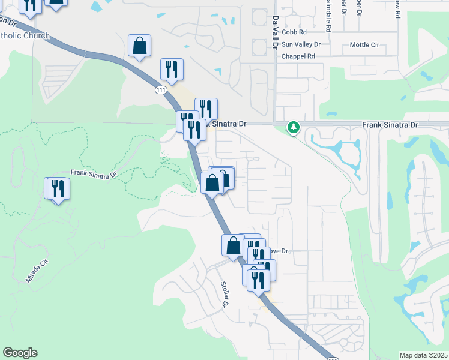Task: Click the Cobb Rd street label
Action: tap(294, 32)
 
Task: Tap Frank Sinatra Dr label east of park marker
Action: tap(390, 124)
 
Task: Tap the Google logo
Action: tap(20, 353)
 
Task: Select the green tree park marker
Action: tap(293, 127)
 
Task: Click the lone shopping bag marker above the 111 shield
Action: tap(139, 46)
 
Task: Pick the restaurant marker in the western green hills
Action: tap(58, 188)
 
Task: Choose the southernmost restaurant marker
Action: tap(258, 280)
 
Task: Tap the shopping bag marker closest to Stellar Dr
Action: tap(233, 245)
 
